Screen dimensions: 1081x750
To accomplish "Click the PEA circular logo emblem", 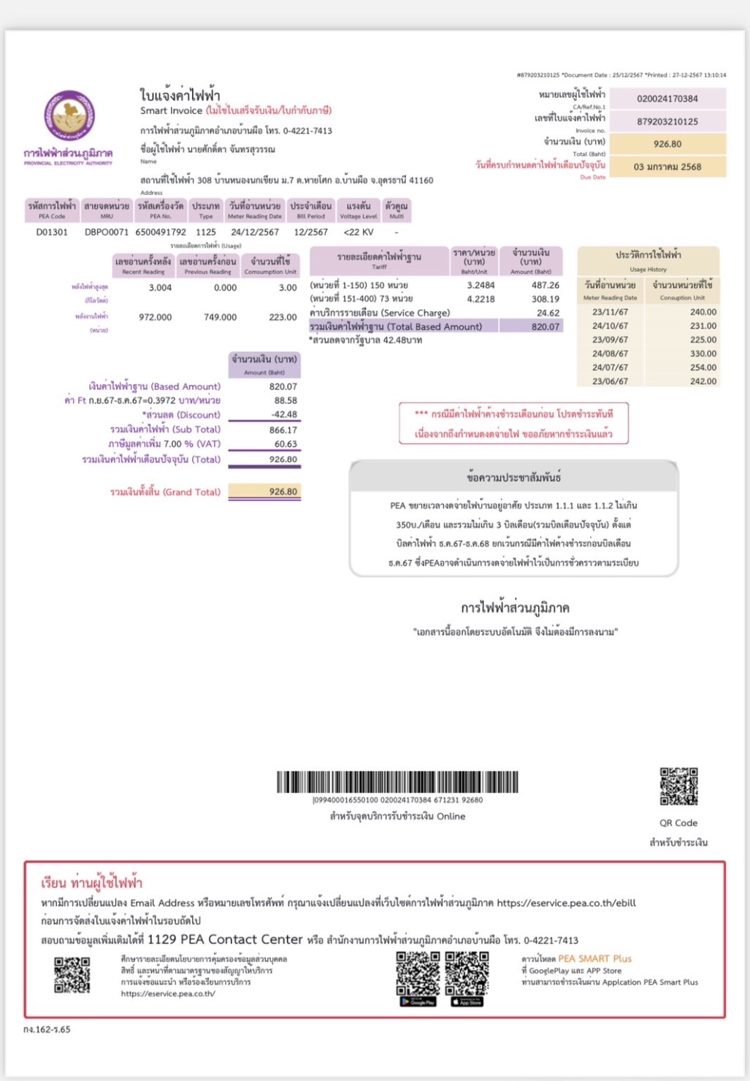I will point(69,116).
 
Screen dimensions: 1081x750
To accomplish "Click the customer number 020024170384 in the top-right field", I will point(667,99).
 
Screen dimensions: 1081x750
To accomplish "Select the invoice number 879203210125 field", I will point(667,122).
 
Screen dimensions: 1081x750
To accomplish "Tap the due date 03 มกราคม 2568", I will point(667,167).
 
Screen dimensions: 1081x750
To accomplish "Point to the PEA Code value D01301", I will point(52,232).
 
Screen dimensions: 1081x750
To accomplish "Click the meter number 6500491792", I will point(161,232).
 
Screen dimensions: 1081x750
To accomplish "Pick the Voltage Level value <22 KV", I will point(358,232).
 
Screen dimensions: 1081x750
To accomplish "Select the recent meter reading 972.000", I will point(155,317).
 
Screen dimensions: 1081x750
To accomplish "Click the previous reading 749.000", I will point(220,317).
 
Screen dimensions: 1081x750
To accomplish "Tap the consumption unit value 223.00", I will point(283,317).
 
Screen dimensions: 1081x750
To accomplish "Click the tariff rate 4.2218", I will point(481,299).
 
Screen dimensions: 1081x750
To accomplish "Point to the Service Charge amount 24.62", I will point(548,313).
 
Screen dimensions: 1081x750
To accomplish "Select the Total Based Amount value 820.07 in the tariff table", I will point(545,326).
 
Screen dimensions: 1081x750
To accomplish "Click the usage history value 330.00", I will point(703,354).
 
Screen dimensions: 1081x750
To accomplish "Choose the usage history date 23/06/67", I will point(610,381).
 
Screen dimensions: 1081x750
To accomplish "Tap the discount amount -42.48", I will point(284,414).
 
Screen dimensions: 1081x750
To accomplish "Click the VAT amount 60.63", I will point(286,444).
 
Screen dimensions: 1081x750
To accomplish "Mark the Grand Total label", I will point(165,492).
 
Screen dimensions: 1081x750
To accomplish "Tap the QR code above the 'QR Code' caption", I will point(678,787).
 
